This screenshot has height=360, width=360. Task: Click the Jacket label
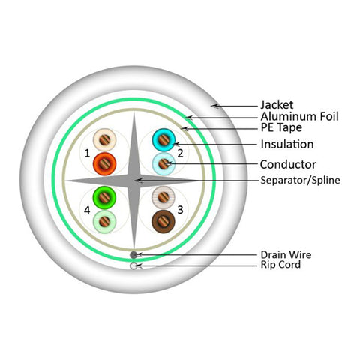pos(277,105)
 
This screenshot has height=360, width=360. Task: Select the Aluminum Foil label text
pos(299,116)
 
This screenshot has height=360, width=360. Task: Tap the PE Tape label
pos(281,127)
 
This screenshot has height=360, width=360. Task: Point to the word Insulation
pos(287,144)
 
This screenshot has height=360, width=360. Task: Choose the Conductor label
pos(288,164)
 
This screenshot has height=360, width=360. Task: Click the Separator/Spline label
pos(300,180)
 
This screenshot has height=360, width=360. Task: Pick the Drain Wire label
pos(286,255)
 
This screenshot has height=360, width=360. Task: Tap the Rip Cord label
pos(280,265)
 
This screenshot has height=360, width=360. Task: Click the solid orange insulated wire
pos(104,164)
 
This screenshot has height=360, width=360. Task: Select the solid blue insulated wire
pos(163,140)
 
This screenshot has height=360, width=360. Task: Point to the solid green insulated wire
pos(104,198)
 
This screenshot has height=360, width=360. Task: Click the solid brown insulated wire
pos(163,221)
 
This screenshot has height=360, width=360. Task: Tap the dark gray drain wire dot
pos(133,255)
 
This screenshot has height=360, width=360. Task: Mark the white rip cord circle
pos(133,265)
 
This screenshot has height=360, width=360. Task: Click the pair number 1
pos(87,153)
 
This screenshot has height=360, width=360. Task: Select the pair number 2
pos(180,153)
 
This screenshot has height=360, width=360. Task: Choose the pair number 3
pos(180,210)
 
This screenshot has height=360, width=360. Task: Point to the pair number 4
pos(87,211)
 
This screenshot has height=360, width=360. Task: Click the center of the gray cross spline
pos(134,181)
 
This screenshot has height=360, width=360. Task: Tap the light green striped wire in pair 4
pos(104,221)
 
